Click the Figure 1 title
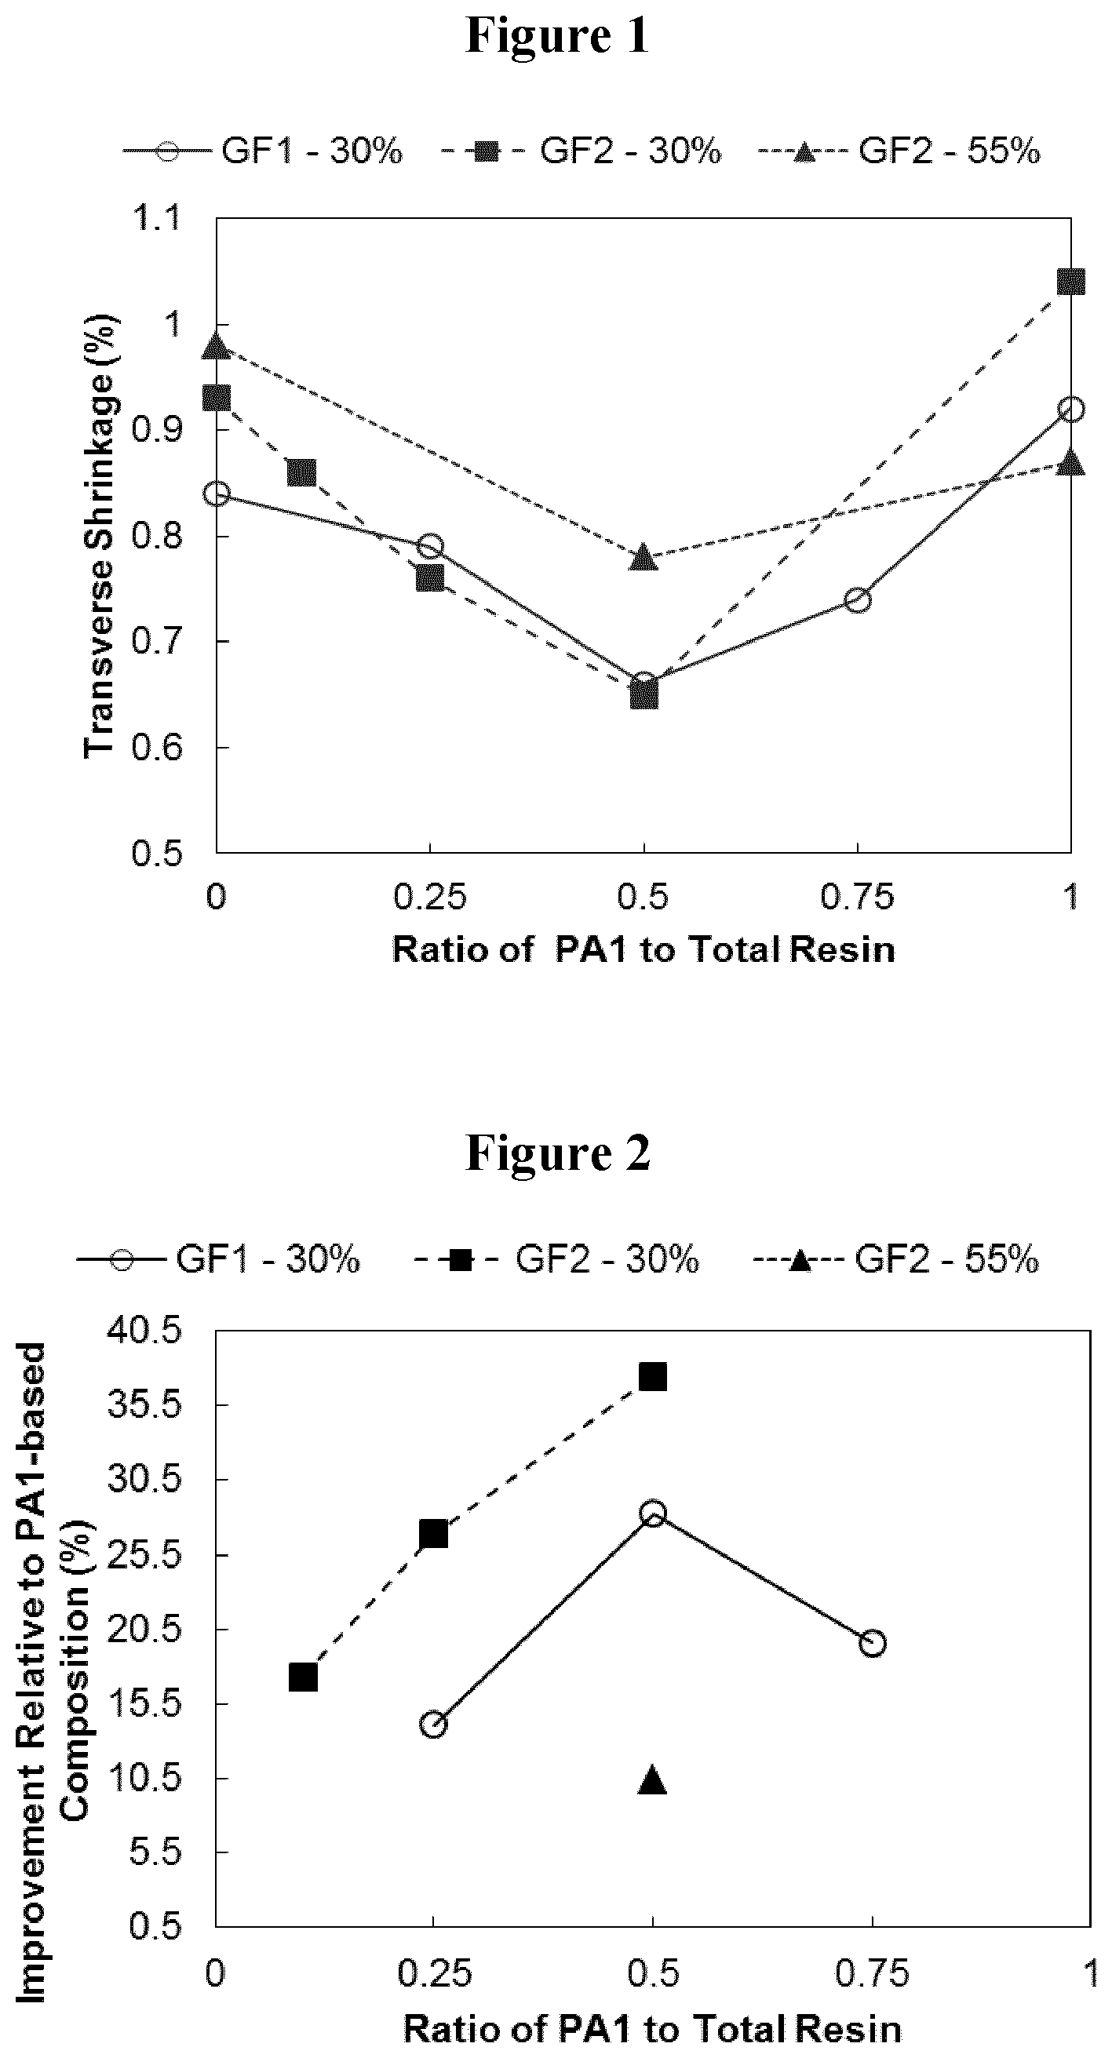(x=557, y=36)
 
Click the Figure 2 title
(x=557, y=1153)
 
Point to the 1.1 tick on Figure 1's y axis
(x=159, y=217)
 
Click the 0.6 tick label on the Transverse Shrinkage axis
(x=159, y=747)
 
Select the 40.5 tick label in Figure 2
(x=144, y=1331)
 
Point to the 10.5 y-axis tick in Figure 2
(x=144, y=1779)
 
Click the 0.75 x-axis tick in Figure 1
(x=857, y=897)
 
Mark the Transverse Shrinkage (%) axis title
(x=100, y=535)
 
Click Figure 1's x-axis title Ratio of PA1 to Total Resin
(x=643, y=950)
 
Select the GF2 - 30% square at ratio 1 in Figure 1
(x=1070, y=281)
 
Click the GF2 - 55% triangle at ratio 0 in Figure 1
(x=217, y=346)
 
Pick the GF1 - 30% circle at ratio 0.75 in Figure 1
(x=857, y=600)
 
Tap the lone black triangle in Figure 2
(x=653, y=1780)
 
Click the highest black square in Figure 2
(x=653, y=1376)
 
